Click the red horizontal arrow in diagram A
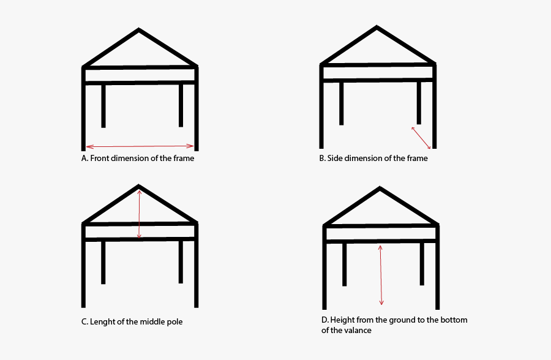point(140,146)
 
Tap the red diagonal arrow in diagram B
point(421,138)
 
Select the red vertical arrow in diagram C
point(139,214)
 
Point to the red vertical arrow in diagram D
point(381,275)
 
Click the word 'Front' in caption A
point(99,158)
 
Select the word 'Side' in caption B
point(335,158)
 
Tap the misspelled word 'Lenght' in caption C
point(102,322)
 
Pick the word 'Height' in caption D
point(341,320)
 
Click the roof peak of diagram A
point(139,29)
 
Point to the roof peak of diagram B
point(377,26)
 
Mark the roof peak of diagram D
point(380,187)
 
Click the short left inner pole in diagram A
point(103,106)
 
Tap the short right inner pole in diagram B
point(419,103)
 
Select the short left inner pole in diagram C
point(103,263)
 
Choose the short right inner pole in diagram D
point(422,264)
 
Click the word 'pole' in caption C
point(174,322)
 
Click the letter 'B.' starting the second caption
point(323,158)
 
